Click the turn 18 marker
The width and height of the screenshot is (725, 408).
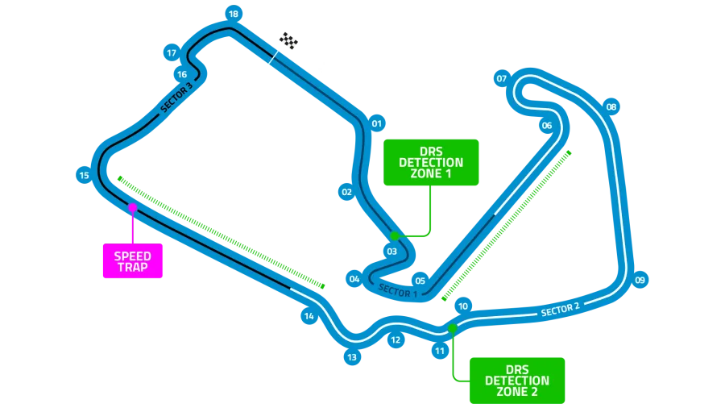(x=233, y=14)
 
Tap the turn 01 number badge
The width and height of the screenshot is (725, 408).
(x=376, y=124)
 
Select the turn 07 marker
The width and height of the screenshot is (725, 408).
(x=501, y=79)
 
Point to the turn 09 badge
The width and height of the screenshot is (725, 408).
(x=640, y=281)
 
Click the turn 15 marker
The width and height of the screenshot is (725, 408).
(x=84, y=175)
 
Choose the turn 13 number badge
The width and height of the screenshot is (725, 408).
(x=351, y=356)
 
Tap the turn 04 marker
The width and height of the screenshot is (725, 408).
(x=354, y=279)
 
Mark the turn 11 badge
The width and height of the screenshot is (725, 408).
(x=440, y=351)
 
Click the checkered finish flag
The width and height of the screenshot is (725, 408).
(x=288, y=40)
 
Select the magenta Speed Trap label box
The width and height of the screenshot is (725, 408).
(x=133, y=261)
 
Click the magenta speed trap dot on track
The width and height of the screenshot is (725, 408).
(x=133, y=208)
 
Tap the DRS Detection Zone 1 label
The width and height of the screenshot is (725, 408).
(x=431, y=162)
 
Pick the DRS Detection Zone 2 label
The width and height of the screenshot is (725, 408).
(x=517, y=380)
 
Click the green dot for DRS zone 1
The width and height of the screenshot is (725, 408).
(x=395, y=235)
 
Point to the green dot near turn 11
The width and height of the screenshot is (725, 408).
(x=453, y=328)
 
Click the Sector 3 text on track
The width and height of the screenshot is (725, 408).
(x=176, y=98)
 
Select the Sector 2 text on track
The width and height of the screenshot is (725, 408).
(x=560, y=309)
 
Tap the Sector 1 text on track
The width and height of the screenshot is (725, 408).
(x=398, y=291)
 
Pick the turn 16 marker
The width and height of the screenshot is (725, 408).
(x=182, y=75)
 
